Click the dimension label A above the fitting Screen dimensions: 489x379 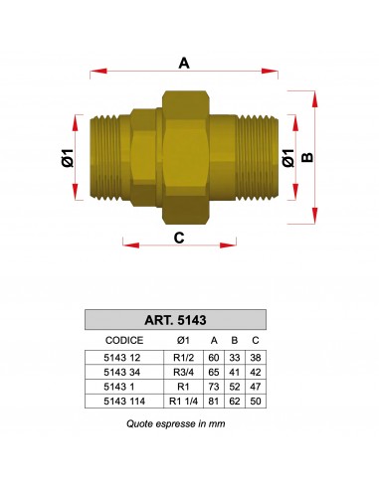point(184,63)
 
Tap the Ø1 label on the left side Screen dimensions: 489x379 point(66,157)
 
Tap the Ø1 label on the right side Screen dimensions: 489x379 point(287,157)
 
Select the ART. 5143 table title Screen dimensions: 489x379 point(177,321)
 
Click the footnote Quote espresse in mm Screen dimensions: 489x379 point(177,422)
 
